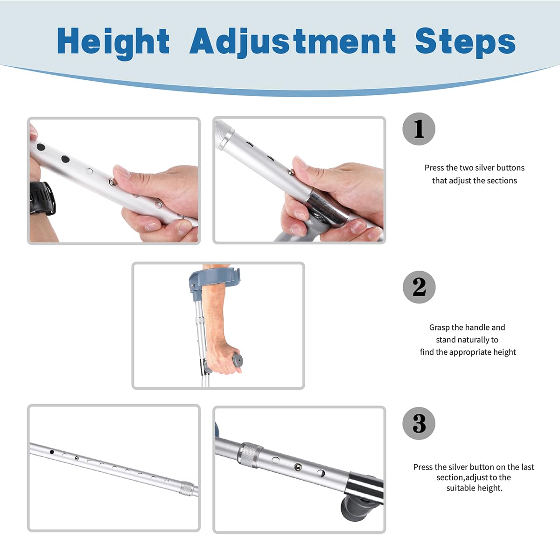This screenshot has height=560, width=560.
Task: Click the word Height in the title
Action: (113, 42)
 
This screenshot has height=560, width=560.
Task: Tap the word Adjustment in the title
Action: (293, 42)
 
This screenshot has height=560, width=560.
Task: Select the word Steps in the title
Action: (465, 42)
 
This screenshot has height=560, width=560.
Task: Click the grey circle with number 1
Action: (419, 129)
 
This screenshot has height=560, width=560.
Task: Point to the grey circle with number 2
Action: (419, 287)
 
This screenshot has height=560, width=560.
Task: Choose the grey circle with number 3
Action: (419, 423)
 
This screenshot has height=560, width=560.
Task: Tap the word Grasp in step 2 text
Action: (439, 328)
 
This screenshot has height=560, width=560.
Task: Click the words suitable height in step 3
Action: (474, 488)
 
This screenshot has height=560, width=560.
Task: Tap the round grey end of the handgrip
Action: (238, 360)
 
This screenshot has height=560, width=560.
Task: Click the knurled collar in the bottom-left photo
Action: (187, 488)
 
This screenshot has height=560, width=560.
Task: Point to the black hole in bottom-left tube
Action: (52, 452)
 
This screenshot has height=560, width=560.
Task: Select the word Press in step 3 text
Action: (423, 467)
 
